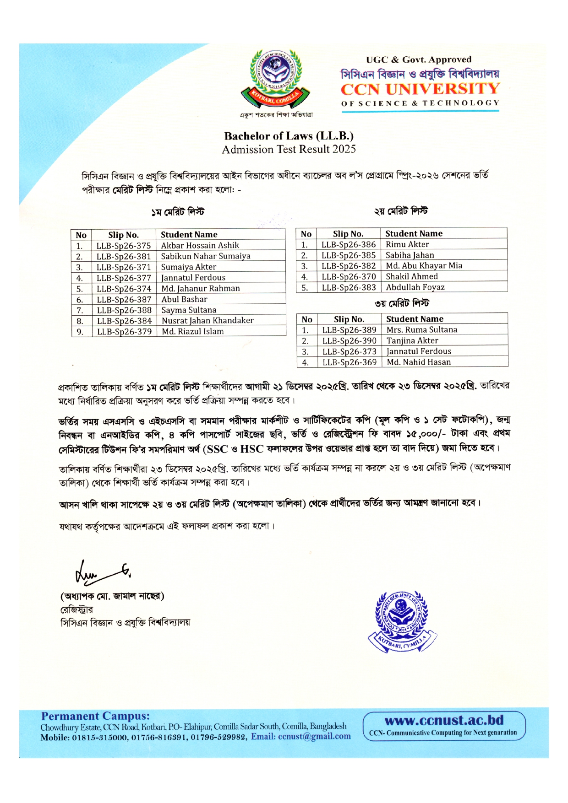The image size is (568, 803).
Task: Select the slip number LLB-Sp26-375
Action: pos(124,246)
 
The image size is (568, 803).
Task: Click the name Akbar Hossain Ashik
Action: pos(200,245)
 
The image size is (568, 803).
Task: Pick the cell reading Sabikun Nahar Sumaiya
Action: pos(206,256)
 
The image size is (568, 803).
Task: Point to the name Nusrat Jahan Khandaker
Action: pos(208,321)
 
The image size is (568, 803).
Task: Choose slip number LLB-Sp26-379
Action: pos(124,332)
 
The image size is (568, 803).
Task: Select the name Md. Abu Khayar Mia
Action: pos(424,266)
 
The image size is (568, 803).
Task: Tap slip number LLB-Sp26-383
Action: pos(349,287)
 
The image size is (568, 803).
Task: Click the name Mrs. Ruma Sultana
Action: pos(422,330)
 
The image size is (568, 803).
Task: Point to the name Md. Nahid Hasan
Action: pos(419,362)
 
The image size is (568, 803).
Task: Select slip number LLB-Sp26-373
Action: pos(350,351)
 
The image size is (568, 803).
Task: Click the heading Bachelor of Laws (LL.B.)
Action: pos(289,136)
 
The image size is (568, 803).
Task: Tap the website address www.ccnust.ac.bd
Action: pos(444,720)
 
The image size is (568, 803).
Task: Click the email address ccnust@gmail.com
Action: pos(314,737)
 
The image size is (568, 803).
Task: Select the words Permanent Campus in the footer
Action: pos(95,716)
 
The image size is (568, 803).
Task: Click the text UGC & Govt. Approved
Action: pos(419,59)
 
